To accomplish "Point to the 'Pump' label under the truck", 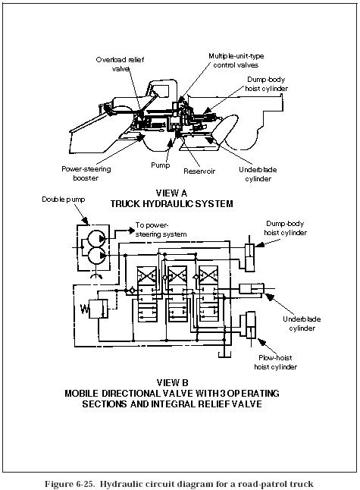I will point(161,165).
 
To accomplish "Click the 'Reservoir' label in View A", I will point(200,171).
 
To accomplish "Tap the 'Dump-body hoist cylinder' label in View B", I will point(286,228).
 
